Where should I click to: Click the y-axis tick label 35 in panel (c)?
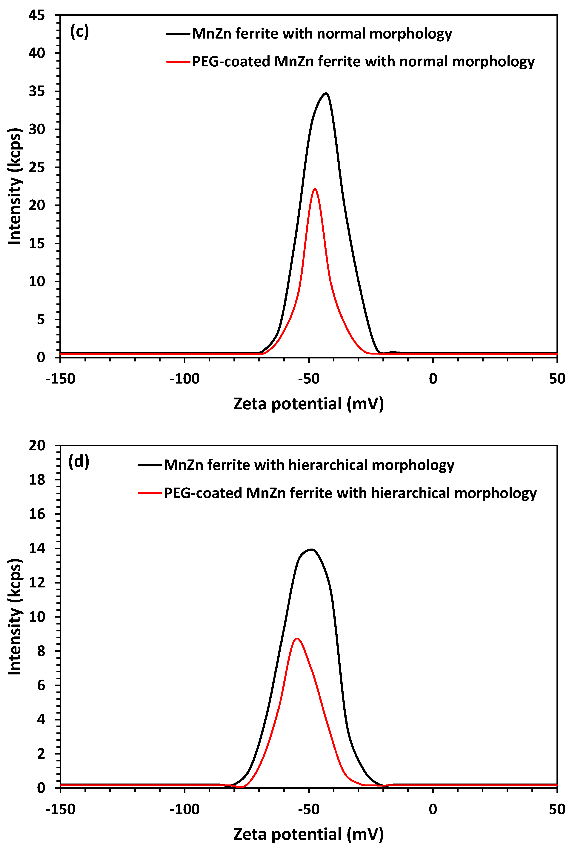click(x=37, y=91)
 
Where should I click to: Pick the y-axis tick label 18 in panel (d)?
click(x=37, y=480)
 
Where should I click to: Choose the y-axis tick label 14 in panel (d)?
click(x=37, y=548)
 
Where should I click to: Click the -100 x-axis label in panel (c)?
click(x=184, y=379)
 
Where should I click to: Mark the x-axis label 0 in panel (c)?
click(x=433, y=379)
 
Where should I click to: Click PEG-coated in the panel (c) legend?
click(x=230, y=62)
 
